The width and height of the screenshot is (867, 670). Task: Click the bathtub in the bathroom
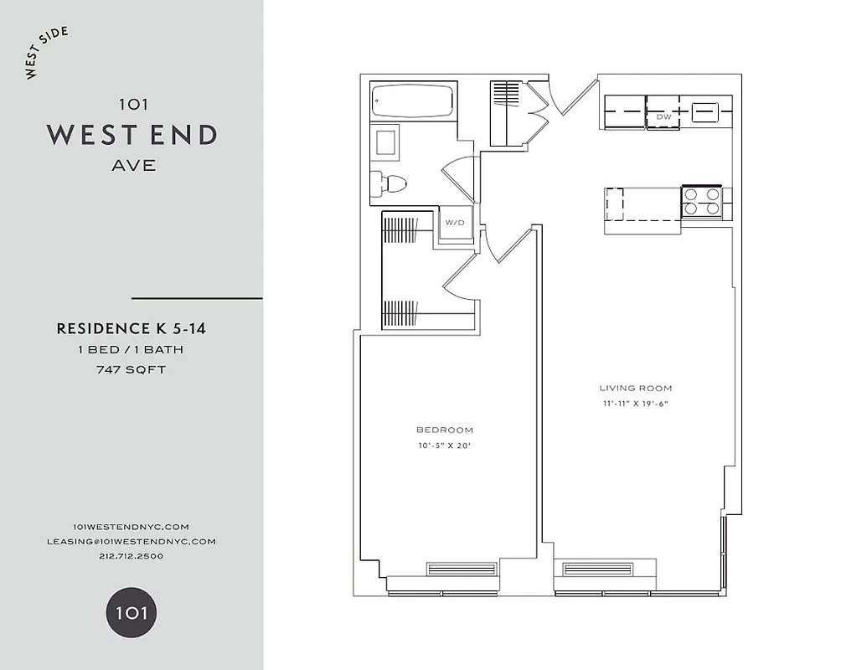pyautogui.click(x=413, y=100)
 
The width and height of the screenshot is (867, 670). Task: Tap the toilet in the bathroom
pyautogui.click(x=390, y=183)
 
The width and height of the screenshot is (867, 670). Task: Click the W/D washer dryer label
pyautogui.click(x=454, y=223)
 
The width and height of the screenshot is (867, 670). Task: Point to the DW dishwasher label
pyautogui.click(x=663, y=116)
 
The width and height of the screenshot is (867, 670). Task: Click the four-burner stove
pyautogui.click(x=702, y=202)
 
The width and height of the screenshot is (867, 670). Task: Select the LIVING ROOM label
pyautogui.click(x=636, y=388)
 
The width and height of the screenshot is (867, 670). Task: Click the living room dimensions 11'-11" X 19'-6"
pyautogui.click(x=636, y=404)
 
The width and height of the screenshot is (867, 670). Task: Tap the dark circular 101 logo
pyautogui.click(x=132, y=612)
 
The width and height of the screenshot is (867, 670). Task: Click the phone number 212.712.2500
pyautogui.click(x=132, y=556)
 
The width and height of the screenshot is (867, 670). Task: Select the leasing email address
pyautogui.click(x=132, y=541)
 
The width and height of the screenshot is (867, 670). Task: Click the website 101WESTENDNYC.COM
pyautogui.click(x=132, y=526)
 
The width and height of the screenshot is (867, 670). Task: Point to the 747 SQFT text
pyautogui.click(x=132, y=368)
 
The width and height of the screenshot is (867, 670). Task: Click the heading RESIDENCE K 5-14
pyautogui.click(x=132, y=329)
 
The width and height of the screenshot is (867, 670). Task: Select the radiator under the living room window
pyautogui.click(x=596, y=569)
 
